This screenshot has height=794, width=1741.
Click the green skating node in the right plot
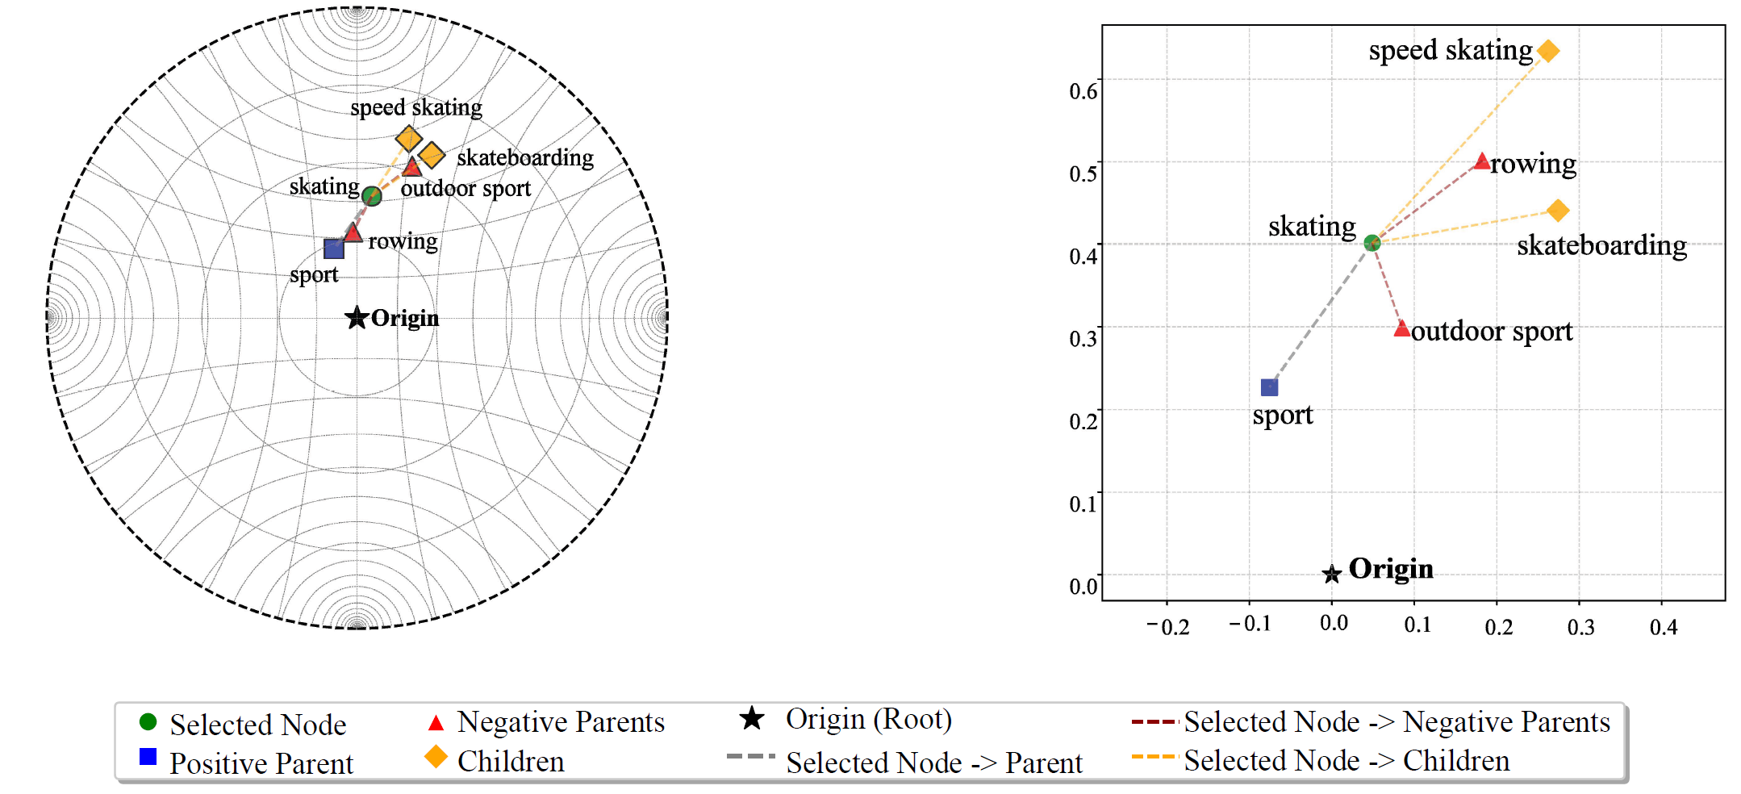1372,242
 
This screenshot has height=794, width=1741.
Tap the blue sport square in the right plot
1269,388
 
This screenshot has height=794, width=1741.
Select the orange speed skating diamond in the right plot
1547,51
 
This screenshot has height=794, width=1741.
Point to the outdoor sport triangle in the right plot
1402,329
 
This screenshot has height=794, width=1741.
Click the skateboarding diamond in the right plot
1558,211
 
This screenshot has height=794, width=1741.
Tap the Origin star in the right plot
1331,574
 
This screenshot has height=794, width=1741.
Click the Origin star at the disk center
357,317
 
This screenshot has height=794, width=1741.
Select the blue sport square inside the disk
334,249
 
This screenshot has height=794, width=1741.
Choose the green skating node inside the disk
371,195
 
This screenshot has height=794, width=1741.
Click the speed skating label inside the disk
415,107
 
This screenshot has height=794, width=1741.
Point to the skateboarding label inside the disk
524,157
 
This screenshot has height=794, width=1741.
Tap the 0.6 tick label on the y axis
1083,90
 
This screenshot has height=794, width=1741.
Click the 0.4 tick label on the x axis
1663,627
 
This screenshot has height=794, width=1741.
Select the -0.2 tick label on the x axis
1167,627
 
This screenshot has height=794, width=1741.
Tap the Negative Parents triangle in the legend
436,722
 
